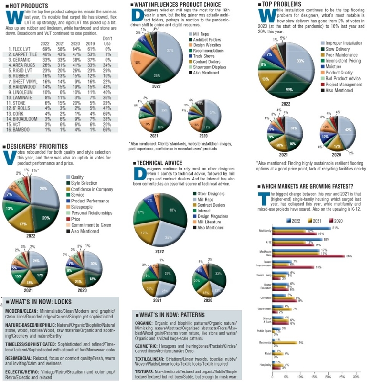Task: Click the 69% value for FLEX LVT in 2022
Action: click(x=47, y=49)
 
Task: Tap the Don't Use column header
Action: click(x=107, y=41)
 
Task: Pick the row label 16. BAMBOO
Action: click(x=20, y=129)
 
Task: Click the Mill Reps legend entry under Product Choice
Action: click(x=205, y=35)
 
